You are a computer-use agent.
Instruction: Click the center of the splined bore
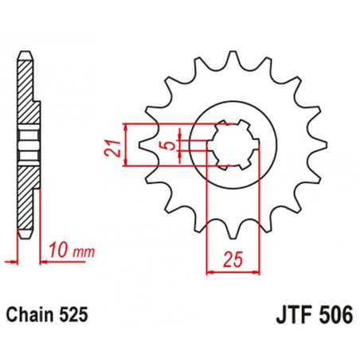[232, 146]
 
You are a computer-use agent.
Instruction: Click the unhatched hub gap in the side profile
[29, 146]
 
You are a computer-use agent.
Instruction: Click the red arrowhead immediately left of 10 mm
[42, 260]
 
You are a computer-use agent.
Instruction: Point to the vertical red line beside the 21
[126, 146]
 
